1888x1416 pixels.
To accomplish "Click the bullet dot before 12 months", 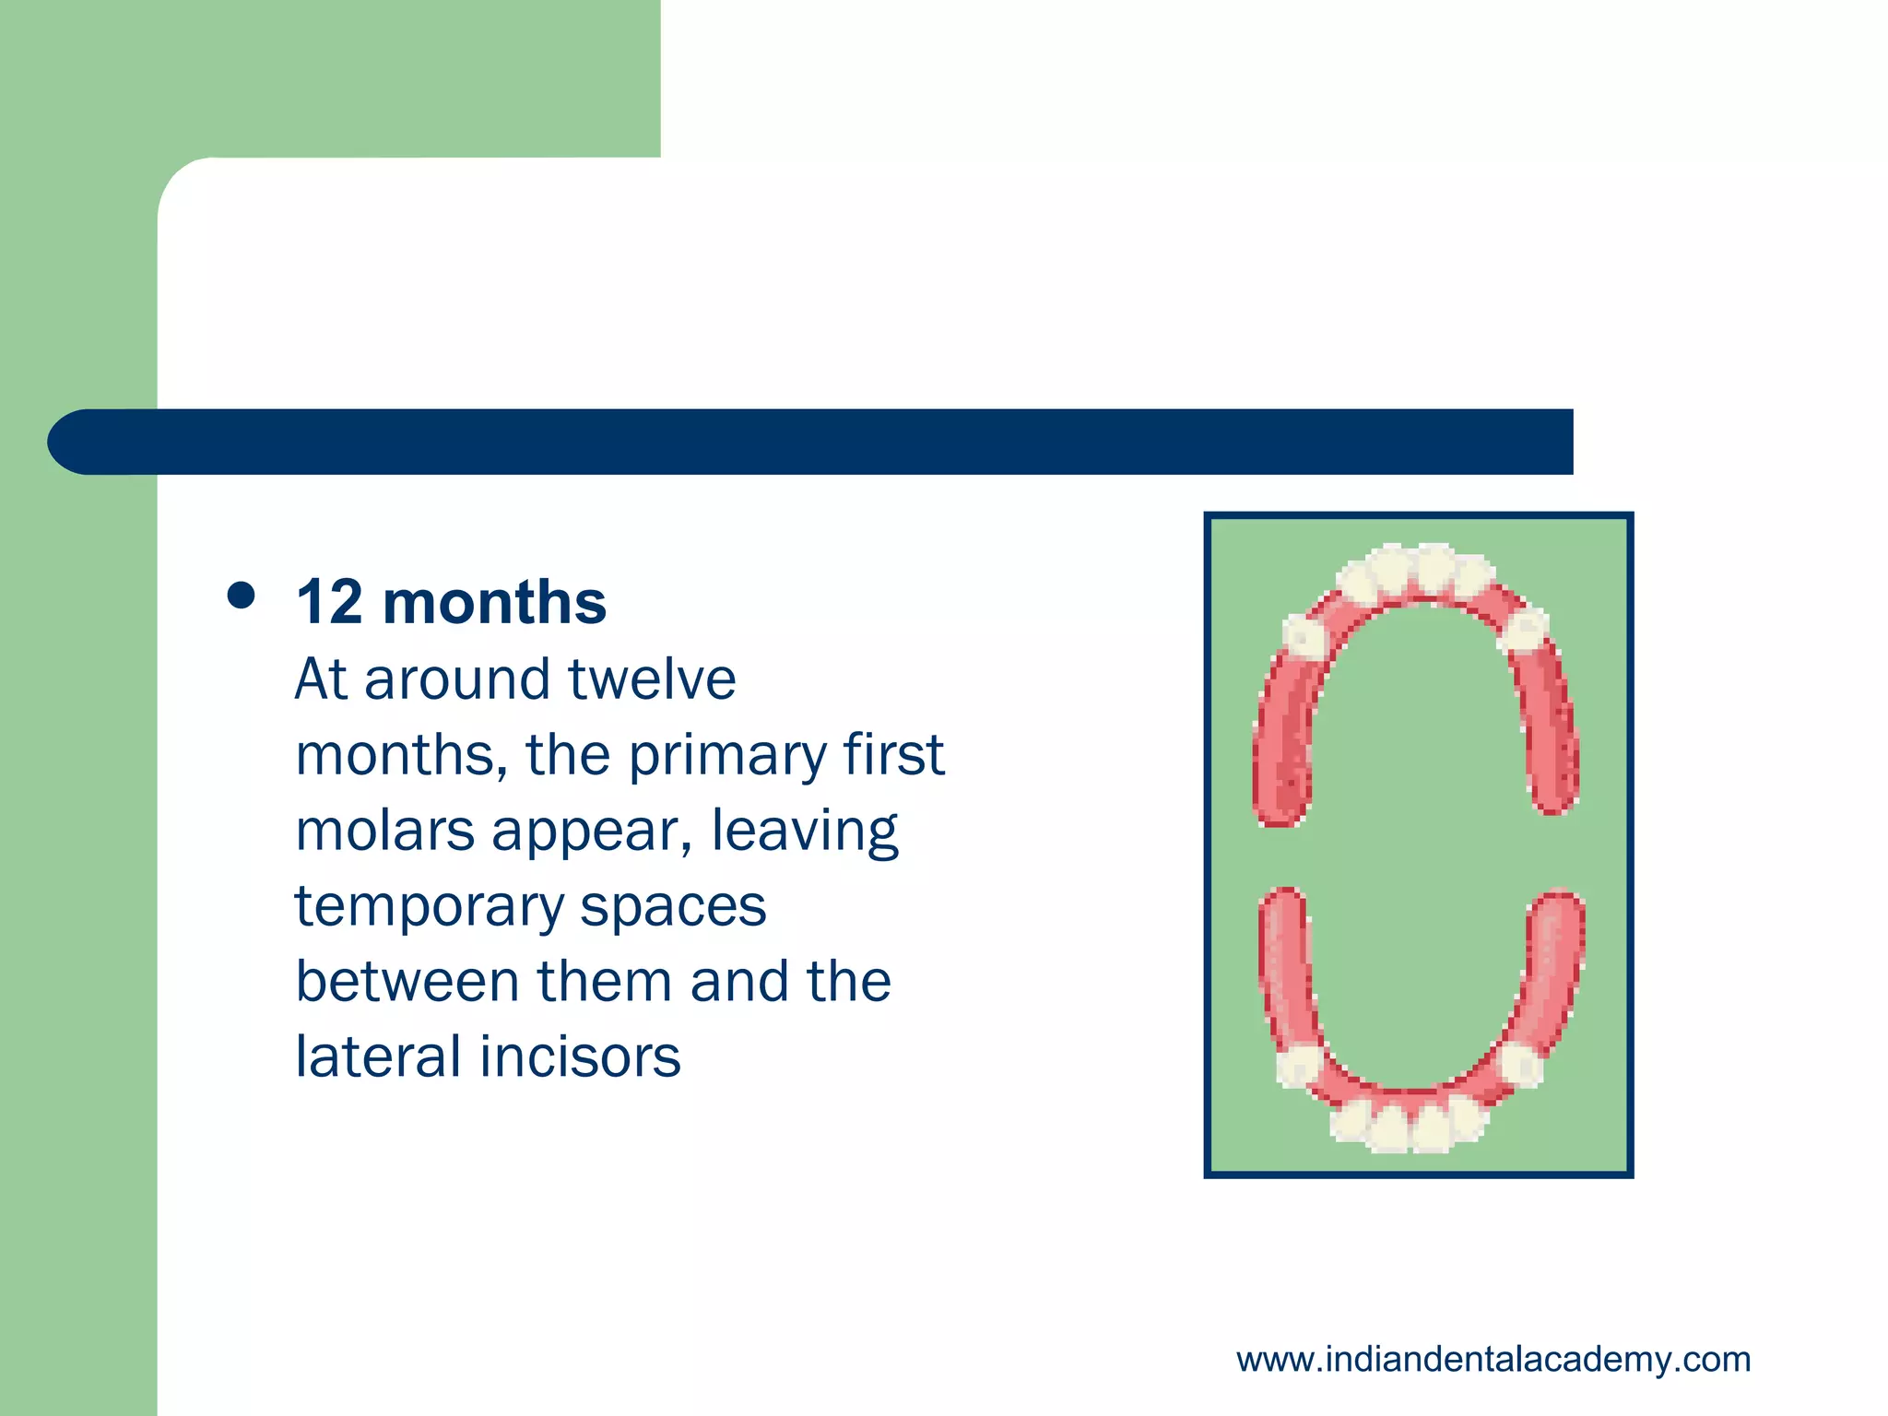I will pos(241,596).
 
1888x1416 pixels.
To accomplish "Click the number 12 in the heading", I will pos(329,603).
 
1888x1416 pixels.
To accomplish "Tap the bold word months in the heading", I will pos(494,603).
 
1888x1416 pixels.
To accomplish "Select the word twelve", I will pos(652,679).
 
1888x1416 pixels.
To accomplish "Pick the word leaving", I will pos(804,832).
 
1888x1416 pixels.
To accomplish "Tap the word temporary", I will pos(429,908).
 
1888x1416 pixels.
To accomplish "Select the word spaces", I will pos(673,908).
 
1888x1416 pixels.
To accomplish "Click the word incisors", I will pos(580,1056).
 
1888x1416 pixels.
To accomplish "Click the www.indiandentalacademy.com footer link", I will pos(1493,1360).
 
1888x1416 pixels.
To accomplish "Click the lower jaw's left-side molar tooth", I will pos(1298,1066).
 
